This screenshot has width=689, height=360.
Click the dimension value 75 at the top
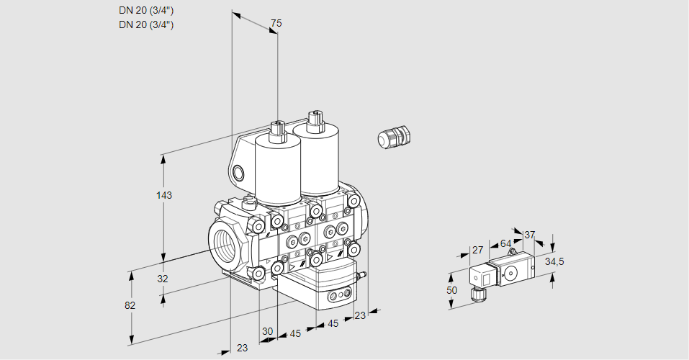(276, 24)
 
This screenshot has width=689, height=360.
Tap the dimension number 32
(163, 279)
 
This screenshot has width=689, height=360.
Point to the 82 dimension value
(130, 305)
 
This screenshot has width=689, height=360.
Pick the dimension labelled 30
(267, 331)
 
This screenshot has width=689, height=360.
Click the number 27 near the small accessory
(477, 250)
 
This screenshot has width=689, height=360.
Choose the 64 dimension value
(505, 243)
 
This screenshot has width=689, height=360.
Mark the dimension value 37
(530, 235)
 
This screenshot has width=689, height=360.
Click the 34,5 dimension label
(554, 261)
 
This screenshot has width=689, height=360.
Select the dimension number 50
(451, 290)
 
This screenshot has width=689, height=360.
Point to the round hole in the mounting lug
(239, 172)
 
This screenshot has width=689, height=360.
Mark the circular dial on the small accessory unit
(512, 273)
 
